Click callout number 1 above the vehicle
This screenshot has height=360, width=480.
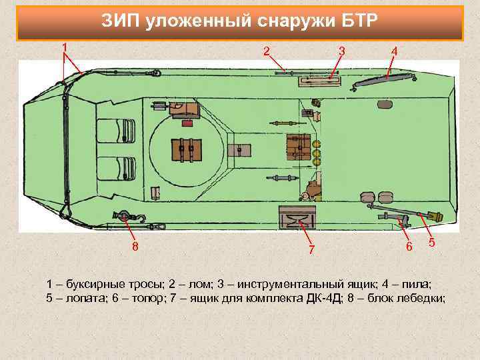click(64, 46)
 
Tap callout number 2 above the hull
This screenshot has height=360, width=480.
click(267, 51)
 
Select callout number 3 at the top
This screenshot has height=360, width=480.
click(342, 51)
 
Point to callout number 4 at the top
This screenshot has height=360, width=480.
click(395, 51)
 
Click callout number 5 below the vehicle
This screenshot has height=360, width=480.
click(432, 243)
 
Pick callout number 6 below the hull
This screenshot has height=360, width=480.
click(410, 247)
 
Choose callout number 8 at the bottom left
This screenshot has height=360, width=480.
click(135, 247)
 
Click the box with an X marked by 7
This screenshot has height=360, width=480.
click(295, 217)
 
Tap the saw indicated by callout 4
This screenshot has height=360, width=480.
click(383, 79)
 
